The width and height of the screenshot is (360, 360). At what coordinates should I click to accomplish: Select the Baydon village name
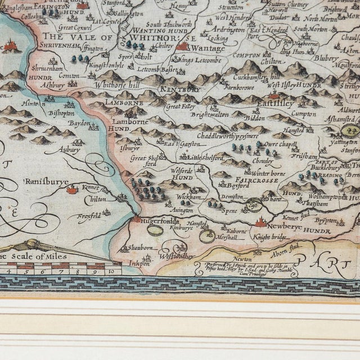tap(80, 122)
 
